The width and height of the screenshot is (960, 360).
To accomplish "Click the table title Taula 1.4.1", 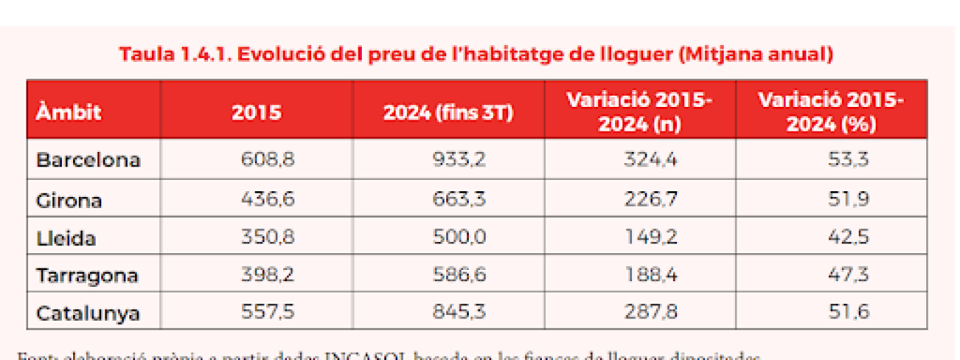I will coord(477,53).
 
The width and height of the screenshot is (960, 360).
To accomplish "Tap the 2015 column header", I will coord(256,113).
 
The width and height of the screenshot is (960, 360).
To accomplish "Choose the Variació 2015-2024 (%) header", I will coord(830,113).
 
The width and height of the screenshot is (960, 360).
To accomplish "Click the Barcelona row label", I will coord(88,160).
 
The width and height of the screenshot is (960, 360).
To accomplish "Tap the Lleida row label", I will coord(66,237).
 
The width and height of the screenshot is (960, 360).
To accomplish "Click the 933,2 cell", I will coord(458,160).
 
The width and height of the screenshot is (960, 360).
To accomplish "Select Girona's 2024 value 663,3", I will coord(458,199).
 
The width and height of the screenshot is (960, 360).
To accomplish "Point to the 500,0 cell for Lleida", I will coord(458,237).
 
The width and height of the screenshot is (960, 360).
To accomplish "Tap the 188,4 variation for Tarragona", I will coord(650,276).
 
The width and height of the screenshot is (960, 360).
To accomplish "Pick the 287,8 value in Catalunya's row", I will coord(650,314).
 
